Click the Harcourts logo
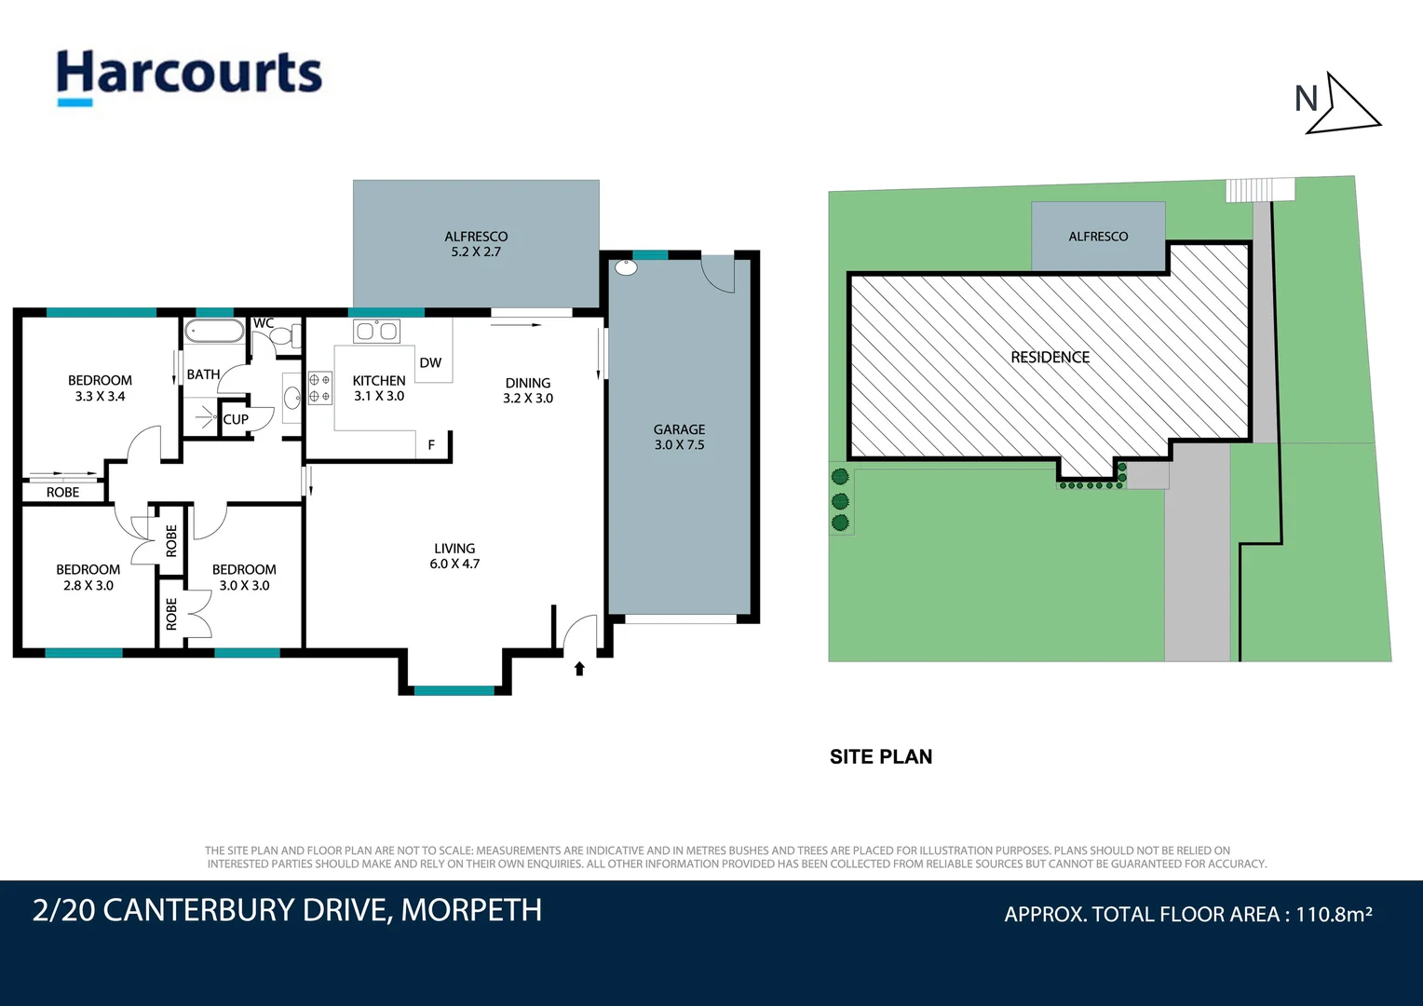pos(189,77)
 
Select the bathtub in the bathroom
pos(214,331)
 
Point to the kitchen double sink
pos(377,331)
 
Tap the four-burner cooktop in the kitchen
pos(319,387)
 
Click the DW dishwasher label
pos(430,363)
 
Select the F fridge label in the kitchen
pos(431,445)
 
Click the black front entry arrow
pos(579,669)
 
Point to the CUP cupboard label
pos(236,419)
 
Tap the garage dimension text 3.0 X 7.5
pos(679,445)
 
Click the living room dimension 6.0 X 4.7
pos(454,564)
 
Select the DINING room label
pos(528,383)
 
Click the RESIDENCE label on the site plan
pos(1050,357)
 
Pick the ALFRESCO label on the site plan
pos(1098,237)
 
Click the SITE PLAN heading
pos(881,757)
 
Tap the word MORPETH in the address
pos(471,910)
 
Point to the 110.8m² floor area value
pos(1334,914)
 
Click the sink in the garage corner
pos(627,267)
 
